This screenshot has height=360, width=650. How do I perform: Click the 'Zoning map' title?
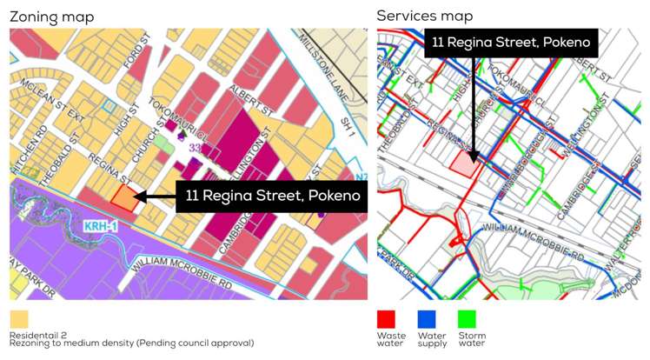tap(51, 17)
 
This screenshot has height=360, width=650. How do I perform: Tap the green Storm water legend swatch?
tap(467, 318)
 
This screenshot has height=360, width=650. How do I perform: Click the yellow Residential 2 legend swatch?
tap(19, 318)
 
